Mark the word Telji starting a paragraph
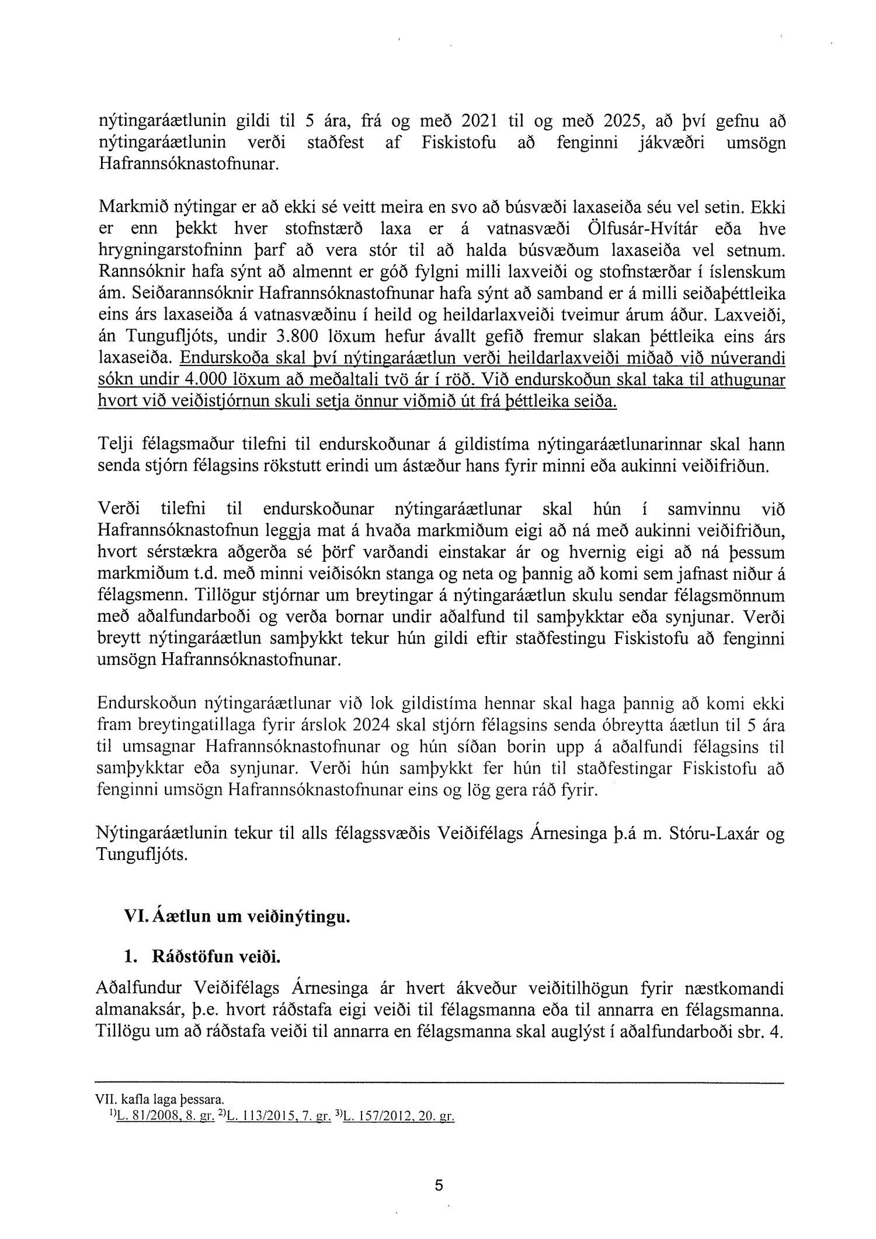116,446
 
